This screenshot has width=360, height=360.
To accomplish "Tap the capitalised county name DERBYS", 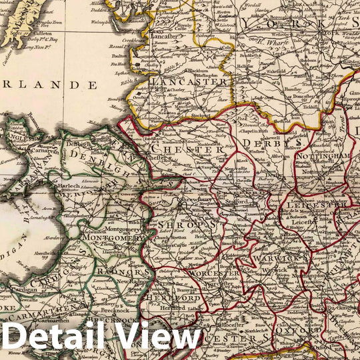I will point(265,143).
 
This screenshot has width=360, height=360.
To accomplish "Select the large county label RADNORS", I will point(127,271).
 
